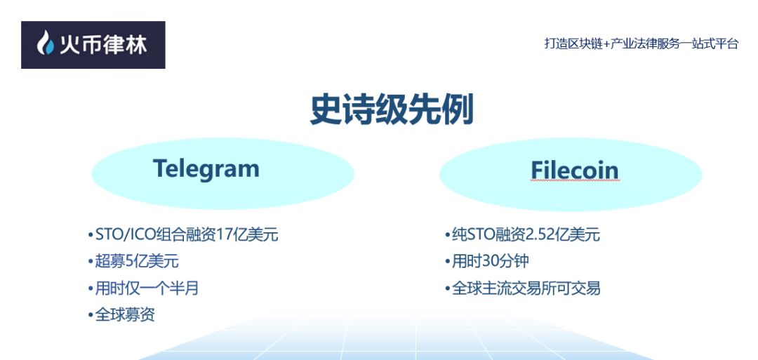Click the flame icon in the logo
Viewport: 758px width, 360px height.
(45, 44)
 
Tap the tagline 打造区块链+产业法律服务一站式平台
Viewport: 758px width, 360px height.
(641, 44)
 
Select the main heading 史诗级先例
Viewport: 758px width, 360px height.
(392, 111)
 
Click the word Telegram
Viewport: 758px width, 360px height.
(206, 168)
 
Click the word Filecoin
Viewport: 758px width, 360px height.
(574, 171)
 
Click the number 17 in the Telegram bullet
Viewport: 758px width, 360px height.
(225, 234)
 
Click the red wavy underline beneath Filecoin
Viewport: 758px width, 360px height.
(574, 181)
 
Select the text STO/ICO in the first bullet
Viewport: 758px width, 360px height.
(121, 234)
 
